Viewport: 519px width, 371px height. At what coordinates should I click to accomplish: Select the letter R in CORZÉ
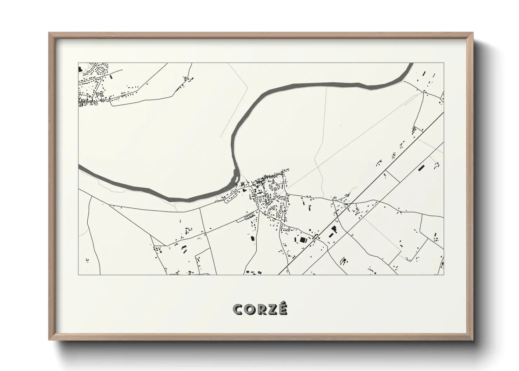point(262,309)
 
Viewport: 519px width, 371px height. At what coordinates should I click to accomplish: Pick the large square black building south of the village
point(303,240)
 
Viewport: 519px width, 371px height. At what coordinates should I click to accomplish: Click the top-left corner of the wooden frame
point(49,33)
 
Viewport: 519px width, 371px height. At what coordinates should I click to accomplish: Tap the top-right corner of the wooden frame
point(472,33)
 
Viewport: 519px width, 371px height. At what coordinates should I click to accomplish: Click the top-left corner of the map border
point(79,63)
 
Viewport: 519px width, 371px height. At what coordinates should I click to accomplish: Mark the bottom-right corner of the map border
point(444,275)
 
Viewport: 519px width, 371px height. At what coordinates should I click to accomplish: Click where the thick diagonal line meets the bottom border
point(279,274)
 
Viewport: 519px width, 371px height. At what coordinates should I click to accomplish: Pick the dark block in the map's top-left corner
point(80,69)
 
